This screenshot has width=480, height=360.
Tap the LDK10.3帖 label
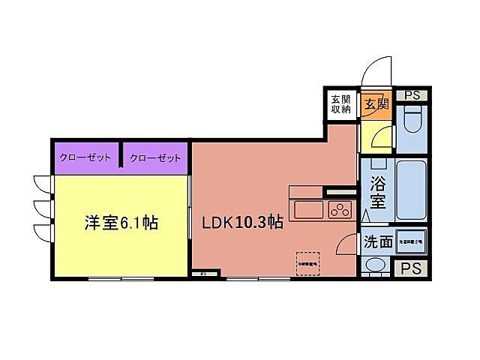click(241, 223)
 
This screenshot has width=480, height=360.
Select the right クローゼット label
click(155, 158)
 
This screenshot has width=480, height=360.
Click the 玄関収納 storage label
click(341, 104)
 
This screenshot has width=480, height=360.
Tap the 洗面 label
click(379, 241)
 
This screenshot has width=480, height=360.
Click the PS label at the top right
click(411, 94)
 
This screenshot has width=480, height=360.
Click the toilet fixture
click(411, 119)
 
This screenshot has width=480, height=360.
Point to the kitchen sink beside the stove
click(307, 209)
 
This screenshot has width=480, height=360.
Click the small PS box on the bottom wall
click(203, 274)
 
